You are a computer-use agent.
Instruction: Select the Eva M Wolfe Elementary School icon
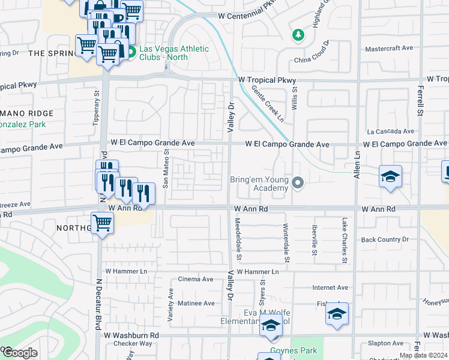coord(271,326)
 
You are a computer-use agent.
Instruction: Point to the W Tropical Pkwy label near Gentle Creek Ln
coord(267,80)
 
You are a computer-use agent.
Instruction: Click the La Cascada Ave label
coord(391,131)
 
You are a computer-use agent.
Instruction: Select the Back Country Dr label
coord(385,239)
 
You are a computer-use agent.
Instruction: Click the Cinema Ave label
coord(196,279)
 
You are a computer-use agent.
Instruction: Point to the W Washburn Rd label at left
coord(131,335)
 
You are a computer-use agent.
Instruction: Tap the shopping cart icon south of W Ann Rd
coord(103,223)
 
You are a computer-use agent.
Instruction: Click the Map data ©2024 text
coord(423,355)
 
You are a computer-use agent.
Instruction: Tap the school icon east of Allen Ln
coord(390,176)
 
